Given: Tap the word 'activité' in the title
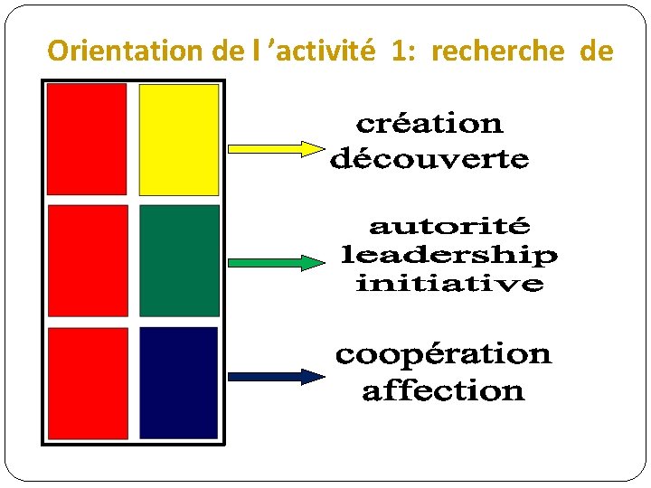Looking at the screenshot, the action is coord(334,52).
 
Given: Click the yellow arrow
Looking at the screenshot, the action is coord(275,147).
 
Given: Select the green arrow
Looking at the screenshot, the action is coord(275,263).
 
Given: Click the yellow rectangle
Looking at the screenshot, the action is coord(179,139).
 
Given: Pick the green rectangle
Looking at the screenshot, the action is coord(179,260).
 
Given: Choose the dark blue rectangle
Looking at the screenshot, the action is coord(179,382).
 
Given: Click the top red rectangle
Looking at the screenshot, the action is coord(87,139).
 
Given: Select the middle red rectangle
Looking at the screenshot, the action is coord(88,260).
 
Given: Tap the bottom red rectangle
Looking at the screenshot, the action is coord(88,382).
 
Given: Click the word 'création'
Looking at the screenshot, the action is coord(429,123).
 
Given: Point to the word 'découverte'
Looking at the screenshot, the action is coord(429,160).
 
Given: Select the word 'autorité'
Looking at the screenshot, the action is coord(449,225).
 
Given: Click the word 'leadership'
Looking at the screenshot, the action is coord(448,255).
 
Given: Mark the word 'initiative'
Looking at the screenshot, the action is coord(449,284).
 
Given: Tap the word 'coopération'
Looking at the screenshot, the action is coord(443,353).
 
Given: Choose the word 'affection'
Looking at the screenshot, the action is coord(443,391).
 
